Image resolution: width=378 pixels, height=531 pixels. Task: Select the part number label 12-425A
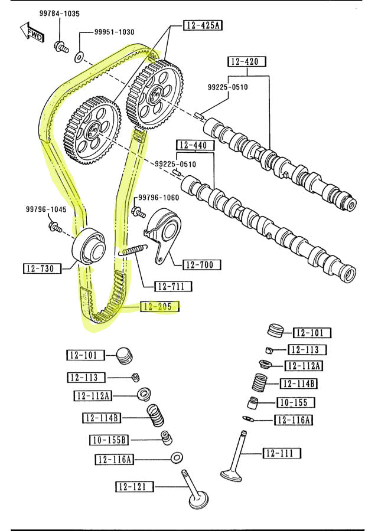tap(203, 25)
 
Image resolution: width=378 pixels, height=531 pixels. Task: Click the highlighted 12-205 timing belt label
tap(158, 307)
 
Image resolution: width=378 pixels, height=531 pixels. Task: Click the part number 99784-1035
tap(60, 13)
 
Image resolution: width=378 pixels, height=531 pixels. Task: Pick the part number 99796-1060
tap(158, 198)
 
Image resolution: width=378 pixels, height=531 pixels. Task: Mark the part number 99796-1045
tap(45, 209)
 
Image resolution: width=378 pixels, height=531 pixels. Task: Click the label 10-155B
tap(109, 440)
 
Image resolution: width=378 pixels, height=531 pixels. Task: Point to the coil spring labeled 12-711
tap(132, 250)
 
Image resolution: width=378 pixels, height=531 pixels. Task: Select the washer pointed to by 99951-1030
tap(79, 58)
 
